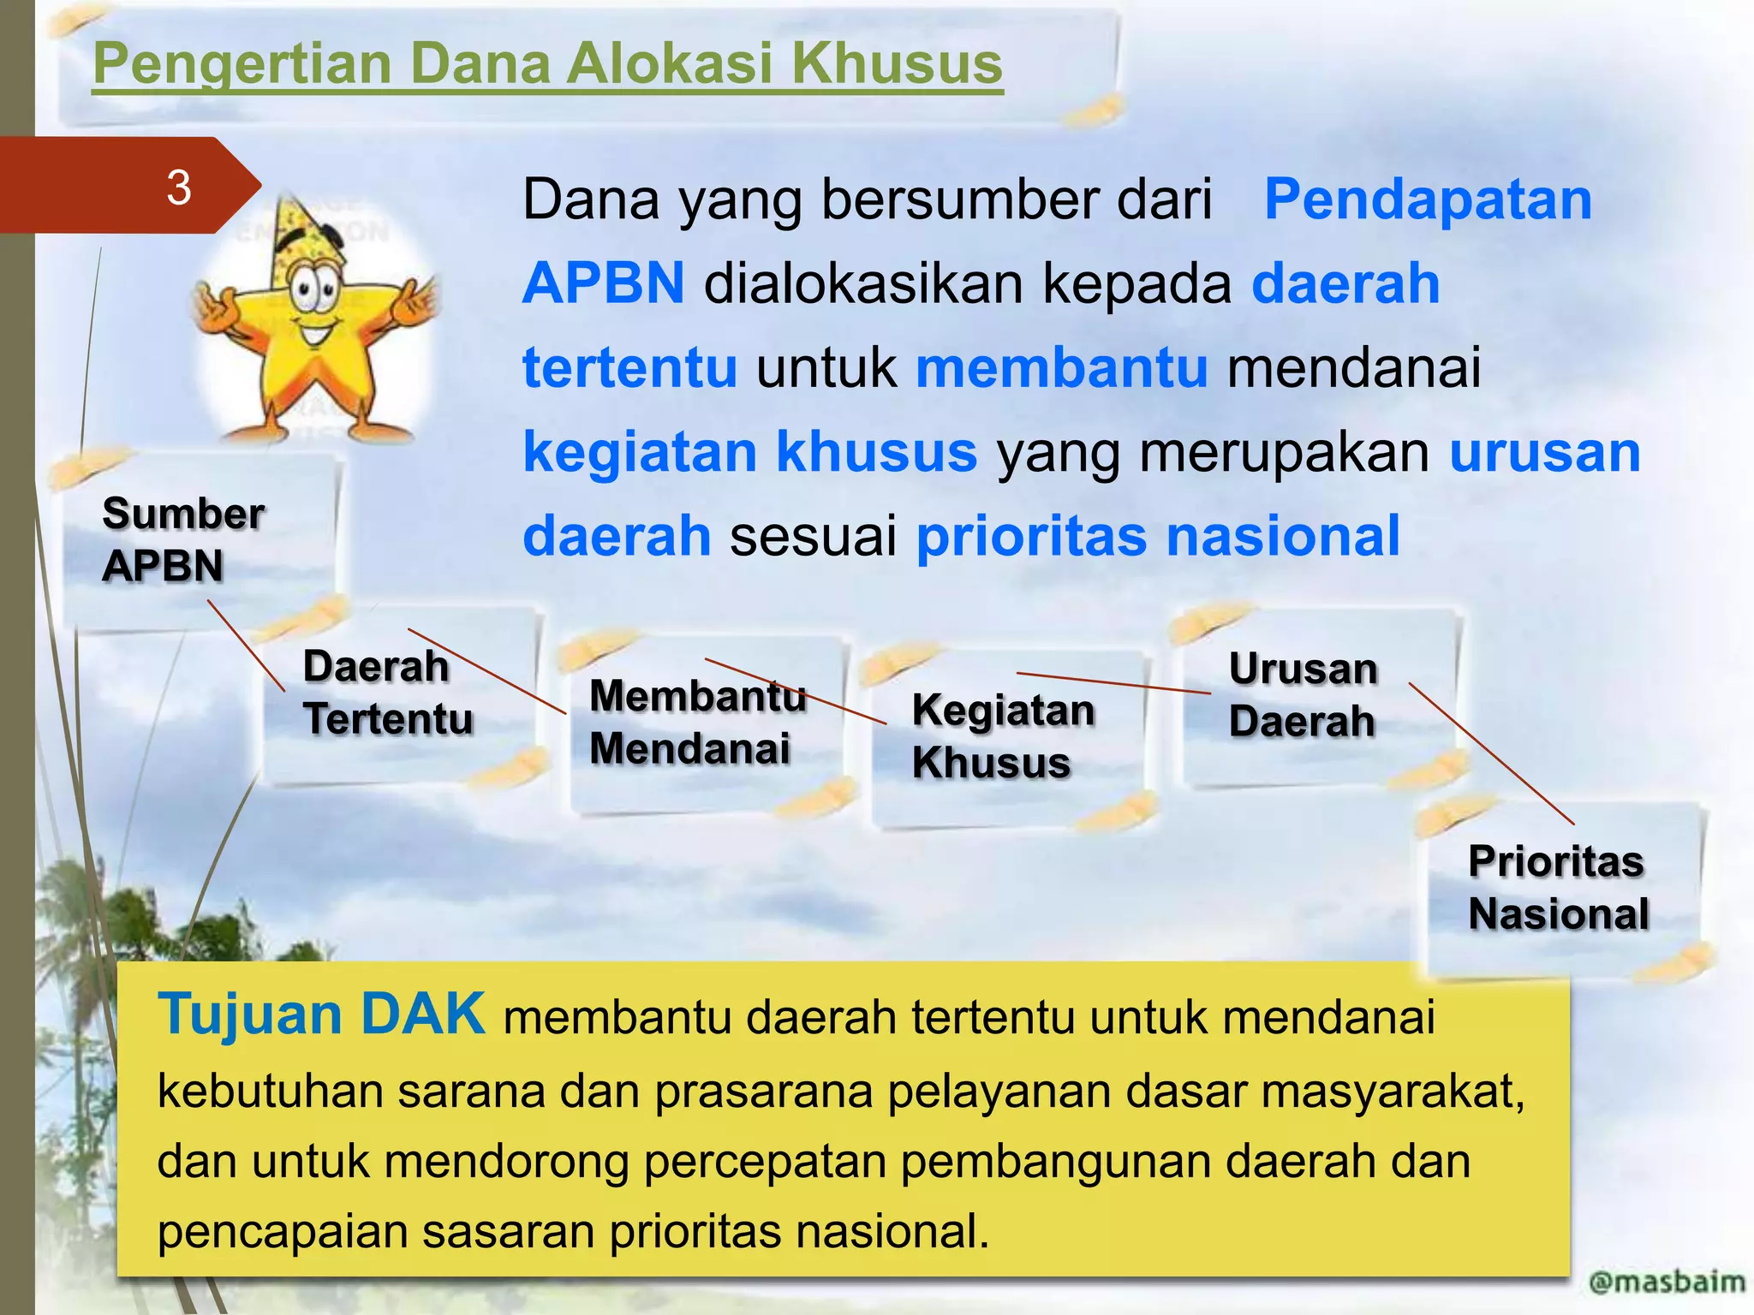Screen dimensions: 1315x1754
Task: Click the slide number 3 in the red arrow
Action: [x=179, y=187]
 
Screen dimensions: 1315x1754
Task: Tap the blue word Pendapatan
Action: [x=1428, y=199]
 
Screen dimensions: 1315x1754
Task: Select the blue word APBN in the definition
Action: [x=604, y=283]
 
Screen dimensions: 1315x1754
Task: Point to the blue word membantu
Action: [x=1062, y=367]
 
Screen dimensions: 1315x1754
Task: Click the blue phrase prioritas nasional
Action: [x=1158, y=536]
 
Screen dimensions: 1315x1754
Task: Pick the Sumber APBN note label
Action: [x=182, y=539]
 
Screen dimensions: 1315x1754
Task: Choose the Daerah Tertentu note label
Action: [x=387, y=692]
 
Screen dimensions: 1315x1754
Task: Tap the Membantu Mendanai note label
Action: [x=697, y=722]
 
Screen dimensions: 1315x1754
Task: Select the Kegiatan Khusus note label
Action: [x=1003, y=736]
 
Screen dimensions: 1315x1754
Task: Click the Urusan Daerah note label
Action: [x=1303, y=694]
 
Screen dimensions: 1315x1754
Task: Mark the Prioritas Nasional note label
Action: [x=1558, y=887]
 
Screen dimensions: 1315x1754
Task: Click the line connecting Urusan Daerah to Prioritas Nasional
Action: [x=1491, y=753]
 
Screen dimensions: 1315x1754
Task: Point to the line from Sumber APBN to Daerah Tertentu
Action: [x=247, y=646]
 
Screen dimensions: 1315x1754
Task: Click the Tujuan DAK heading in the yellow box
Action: [x=321, y=1015]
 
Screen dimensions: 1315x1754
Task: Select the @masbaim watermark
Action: [x=1666, y=1282]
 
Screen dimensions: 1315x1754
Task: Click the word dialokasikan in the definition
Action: [x=863, y=283]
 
